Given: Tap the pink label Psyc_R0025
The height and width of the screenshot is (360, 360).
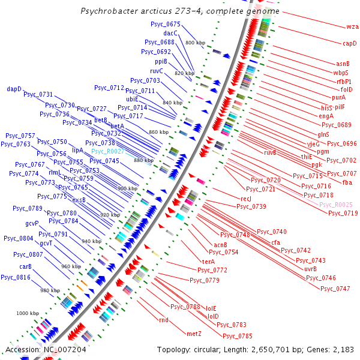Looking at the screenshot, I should click(336, 205).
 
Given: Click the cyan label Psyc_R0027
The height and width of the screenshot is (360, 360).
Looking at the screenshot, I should click(108, 152).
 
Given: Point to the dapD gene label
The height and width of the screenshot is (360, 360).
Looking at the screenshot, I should click(14, 89).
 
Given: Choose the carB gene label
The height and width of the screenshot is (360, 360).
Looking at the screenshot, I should click(25, 266).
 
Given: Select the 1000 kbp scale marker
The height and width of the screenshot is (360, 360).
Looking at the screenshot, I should click(28, 313).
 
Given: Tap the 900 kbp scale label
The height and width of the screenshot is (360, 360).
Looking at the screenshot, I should click(127, 188).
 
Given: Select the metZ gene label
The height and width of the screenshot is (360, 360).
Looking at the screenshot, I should click(194, 333).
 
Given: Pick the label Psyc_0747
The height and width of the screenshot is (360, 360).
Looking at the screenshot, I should click(335, 289).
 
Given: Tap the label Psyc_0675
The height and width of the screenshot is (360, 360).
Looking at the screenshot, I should click(166, 23).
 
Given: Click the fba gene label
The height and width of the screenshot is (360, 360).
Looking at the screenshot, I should click(347, 182).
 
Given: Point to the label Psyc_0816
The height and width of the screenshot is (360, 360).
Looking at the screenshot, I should click(16, 277).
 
